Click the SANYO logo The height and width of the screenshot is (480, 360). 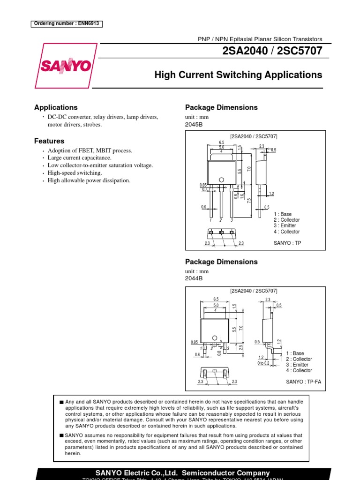[x=65, y=66]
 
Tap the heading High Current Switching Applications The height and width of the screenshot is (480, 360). [x=238, y=75]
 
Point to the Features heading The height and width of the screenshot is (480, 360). [x=49, y=141]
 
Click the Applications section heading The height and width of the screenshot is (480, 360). [x=56, y=107]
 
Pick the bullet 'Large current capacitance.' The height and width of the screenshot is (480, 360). [x=79, y=158]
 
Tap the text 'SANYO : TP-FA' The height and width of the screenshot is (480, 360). [x=304, y=382]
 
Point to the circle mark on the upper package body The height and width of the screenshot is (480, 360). [x=221, y=180]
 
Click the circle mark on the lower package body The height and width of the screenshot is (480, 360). [x=214, y=338]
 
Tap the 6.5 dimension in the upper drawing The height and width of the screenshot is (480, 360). [x=222, y=142]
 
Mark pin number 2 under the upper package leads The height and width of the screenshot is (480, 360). [x=221, y=220]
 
